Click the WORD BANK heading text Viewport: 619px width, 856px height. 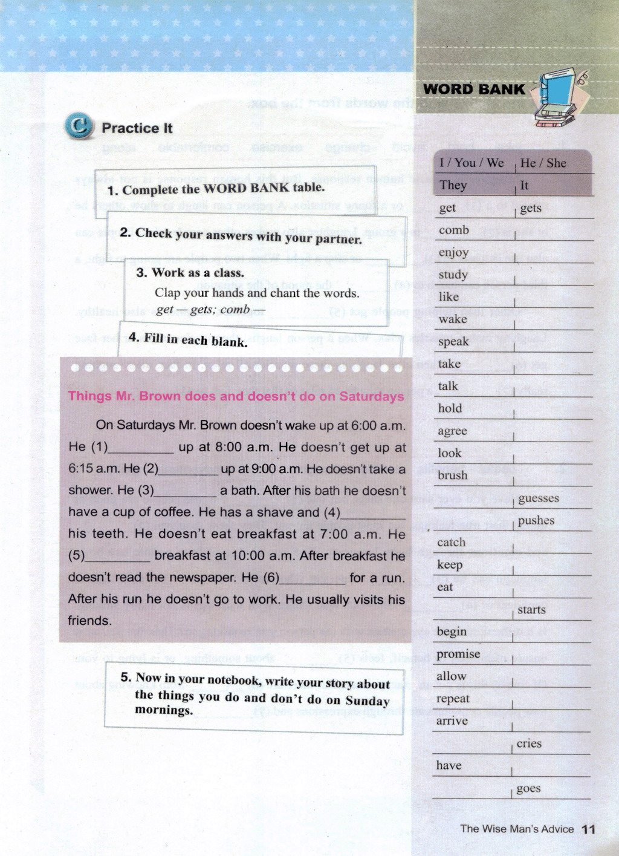(x=474, y=89)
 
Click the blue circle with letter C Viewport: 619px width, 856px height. (x=79, y=126)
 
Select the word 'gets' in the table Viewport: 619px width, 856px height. (x=530, y=208)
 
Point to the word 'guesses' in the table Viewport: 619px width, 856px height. (x=538, y=498)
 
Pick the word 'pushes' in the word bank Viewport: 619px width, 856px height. (x=536, y=520)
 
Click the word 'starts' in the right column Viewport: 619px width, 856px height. (x=531, y=610)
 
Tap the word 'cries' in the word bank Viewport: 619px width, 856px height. (x=529, y=743)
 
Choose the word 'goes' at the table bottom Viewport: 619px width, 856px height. (x=528, y=788)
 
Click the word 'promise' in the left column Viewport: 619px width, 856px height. (x=458, y=654)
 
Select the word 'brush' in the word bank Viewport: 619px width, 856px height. (x=453, y=475)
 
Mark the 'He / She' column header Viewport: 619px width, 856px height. (x=543, y=163)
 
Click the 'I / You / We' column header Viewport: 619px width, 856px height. (x=471, y=163)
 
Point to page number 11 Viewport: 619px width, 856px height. (x=589, y=829)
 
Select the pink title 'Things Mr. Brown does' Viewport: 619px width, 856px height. (x=236, y=396)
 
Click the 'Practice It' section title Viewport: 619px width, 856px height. (x=137, y=128)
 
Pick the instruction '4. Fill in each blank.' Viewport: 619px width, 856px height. (x=188, y=339)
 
